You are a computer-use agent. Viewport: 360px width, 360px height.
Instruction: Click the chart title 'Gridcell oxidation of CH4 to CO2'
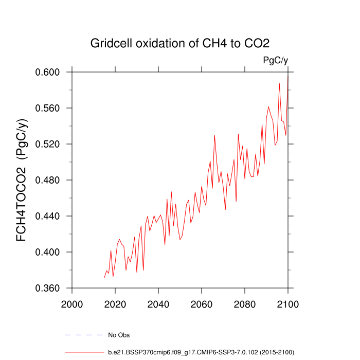pyautogui.click(x=179, y=43)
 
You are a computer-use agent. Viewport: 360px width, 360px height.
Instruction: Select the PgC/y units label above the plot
pyautogui.click(x=275, y=60)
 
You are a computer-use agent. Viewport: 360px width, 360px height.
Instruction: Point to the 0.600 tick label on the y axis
pyautogui.click(x=48, y=72)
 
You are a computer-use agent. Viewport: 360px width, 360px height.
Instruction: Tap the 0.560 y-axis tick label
pyautogui.click(x=48, y=108)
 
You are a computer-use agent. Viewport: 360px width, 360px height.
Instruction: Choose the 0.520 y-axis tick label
pyautogui.click(x=48, y=144)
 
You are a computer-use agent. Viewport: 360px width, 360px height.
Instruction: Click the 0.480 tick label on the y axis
pyautogui.click(x=48, y=180)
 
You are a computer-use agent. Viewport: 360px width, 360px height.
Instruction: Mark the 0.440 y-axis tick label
pyautogui.click(x=48, y=216)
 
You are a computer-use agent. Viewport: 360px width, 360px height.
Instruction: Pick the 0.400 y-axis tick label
pyautogui.click(x=48, y=252)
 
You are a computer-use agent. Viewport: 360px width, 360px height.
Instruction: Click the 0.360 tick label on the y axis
pyautogui.click(x=48, y=288)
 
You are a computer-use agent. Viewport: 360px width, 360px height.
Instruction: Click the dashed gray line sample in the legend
pyautogui.click(x=84, y=335)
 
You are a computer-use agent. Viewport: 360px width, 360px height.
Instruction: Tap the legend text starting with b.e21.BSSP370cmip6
pyautogui.click(x=201, y=352)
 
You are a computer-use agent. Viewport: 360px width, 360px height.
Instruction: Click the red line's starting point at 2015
pyautogui.click(x=104, y=278)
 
